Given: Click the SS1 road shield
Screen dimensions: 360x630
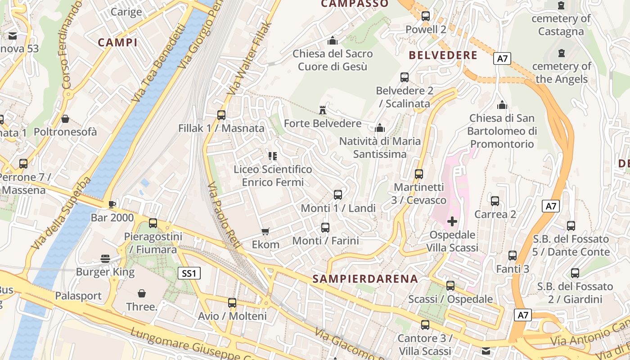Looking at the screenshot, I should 189,273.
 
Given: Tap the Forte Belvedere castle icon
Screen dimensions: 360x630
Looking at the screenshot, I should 322,110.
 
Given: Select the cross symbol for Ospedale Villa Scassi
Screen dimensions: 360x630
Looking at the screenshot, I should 452,221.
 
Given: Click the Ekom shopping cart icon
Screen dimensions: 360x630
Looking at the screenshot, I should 265,231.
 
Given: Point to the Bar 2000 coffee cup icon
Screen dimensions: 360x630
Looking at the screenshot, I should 112,204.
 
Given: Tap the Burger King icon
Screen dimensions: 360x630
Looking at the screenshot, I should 105,258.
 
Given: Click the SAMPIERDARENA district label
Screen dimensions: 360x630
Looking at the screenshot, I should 365,279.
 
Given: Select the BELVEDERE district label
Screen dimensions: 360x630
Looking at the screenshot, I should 443,55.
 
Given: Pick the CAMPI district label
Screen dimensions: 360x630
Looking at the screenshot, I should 117,43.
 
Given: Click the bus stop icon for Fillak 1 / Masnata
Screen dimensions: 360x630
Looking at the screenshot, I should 221,115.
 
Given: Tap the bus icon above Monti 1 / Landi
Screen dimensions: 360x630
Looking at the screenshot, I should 338,195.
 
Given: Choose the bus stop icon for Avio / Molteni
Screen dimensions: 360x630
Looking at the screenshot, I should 232,303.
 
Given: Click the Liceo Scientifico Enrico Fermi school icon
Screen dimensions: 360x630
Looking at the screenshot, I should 272,156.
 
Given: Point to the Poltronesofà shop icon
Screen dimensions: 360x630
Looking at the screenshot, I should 65,119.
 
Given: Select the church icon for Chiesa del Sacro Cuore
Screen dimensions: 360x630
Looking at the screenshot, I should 333,40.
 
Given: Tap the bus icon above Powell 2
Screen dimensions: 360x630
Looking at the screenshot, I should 425,16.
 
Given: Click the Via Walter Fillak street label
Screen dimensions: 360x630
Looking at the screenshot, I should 249,58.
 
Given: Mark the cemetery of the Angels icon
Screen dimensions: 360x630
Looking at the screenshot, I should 561,53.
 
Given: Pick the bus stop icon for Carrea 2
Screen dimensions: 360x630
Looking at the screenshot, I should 495,201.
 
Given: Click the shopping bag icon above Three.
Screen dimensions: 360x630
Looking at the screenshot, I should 142,293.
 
